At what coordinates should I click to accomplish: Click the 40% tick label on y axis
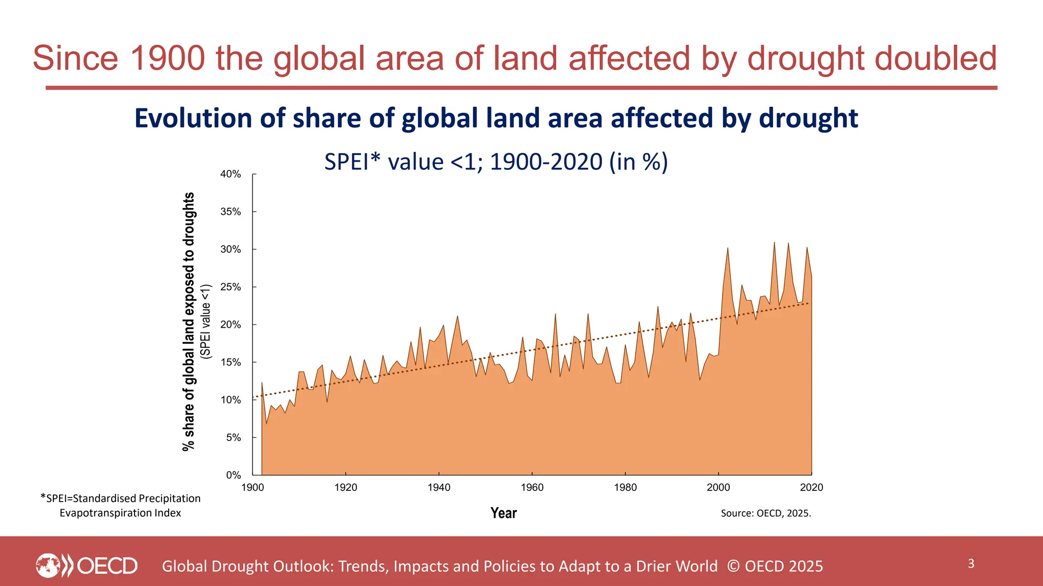tap(230, 174)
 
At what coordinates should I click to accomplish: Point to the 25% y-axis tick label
tap(230, 287)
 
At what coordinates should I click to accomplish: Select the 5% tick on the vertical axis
tap(233, 438)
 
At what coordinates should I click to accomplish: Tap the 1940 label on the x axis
tap(438, 488)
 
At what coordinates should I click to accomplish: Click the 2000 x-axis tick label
tap(718, 488)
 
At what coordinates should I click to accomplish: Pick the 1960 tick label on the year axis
tap(532, 488)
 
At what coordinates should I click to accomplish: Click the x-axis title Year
tap(503, 513)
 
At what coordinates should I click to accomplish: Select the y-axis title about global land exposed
tap(189, 321)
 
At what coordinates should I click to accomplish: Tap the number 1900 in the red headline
tap(167, 58)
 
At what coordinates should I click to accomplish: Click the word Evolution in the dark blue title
tap(193, 119)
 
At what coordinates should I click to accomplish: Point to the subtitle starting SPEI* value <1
tap(496, 162)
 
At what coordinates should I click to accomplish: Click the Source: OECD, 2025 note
tap(765, 513)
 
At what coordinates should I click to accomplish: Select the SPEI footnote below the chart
tap(121, 506)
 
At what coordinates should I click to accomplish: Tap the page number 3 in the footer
tap(971, 564)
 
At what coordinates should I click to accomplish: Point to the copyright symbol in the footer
tap(733, 566)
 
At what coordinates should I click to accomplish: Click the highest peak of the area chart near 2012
tap(774, 243)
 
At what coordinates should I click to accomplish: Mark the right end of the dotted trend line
tap(808, 304)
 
